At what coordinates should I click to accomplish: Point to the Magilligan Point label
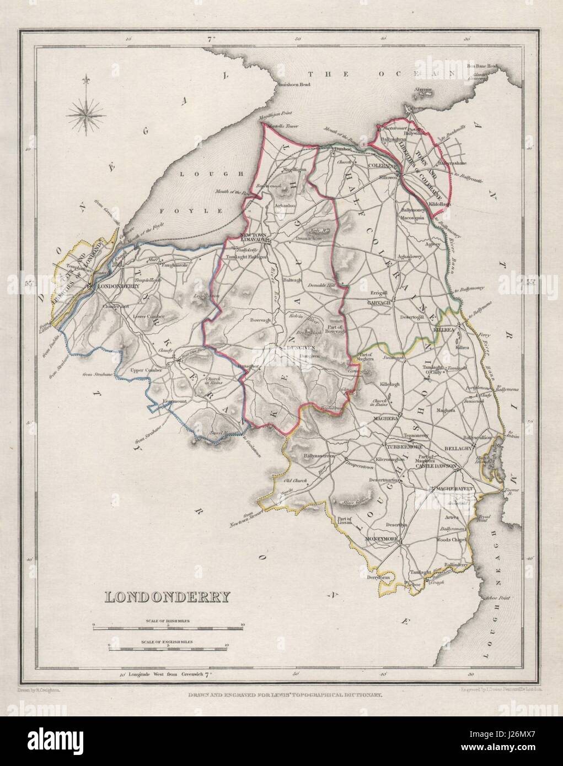pos(275,120)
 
